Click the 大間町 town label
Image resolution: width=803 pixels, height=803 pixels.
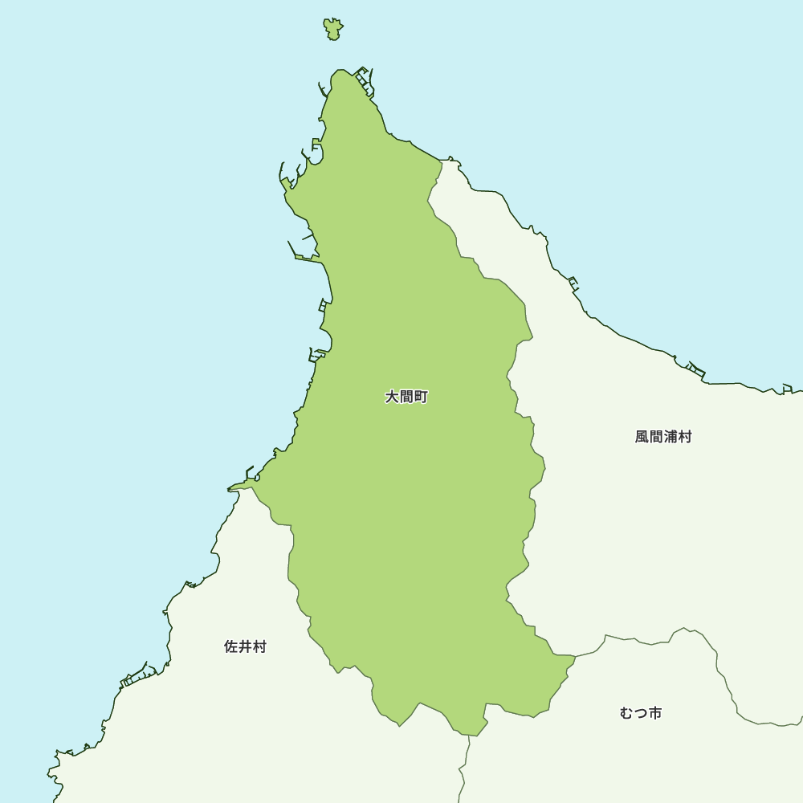tap(406, 397)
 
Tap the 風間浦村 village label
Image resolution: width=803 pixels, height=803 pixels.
tap(663, 437)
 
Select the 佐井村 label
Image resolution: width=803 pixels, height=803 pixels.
tap(245, 646)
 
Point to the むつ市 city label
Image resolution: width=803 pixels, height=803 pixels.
tap(641, 713)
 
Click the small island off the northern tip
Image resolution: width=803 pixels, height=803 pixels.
tap(333, 29)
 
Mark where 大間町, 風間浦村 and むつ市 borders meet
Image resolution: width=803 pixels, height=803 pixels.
tap(575, 656)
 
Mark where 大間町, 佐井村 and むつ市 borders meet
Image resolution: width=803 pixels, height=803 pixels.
tap(470, 736)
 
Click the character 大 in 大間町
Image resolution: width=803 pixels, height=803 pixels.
tap(392, 397)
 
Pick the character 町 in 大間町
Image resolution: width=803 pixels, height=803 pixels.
tap(421, 397)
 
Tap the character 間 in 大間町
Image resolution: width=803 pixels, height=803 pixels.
tap(406, 397)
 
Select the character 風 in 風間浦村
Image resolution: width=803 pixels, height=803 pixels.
tap(642, 437)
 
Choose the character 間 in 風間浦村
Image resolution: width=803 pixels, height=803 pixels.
tap(656, 437)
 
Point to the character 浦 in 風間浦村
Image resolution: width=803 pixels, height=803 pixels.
tap(671, 437)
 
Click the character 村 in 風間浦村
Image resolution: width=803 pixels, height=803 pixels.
tap(685, 437)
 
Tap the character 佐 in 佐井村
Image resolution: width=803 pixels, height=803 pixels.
tap(230, 646)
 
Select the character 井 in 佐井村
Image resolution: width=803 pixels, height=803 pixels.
tap(245, 646)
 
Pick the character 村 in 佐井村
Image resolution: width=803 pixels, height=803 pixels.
tap(259, 646)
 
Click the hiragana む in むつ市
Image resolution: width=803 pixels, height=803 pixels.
tap(626, 713)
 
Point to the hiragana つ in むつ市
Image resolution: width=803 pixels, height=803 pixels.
tap(641, 713)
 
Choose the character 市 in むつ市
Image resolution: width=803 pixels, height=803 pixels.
tap(655, 713)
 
